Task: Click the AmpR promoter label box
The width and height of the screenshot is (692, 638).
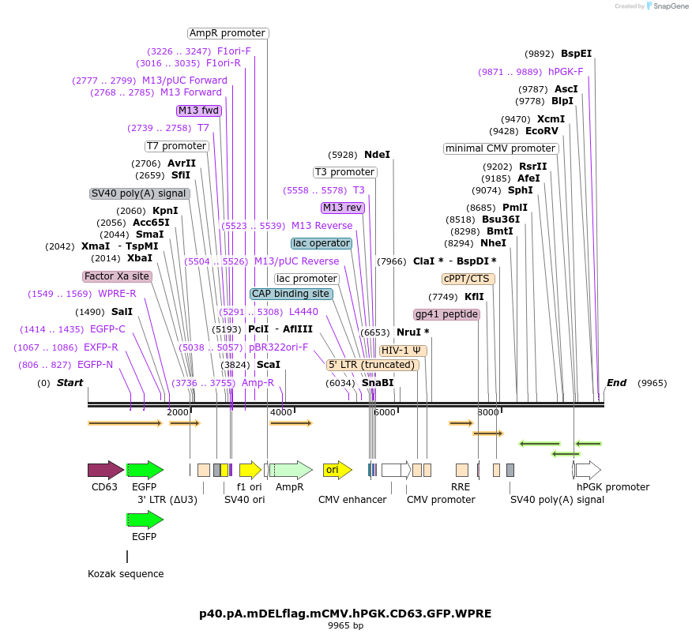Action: (x=228, y=33)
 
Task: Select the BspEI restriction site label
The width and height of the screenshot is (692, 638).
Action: (x=576, y=54)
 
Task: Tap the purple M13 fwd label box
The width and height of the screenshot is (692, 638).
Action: (x=198, y=111)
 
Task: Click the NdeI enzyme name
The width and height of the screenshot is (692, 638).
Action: (x=377, y=155)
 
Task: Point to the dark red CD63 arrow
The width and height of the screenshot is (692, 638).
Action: (x=106, y=470)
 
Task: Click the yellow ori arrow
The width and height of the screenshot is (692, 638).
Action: (x=337, y=470)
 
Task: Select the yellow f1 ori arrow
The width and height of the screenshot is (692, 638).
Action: (x=250, y=470)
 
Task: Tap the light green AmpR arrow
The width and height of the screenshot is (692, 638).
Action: (x=291, y=470)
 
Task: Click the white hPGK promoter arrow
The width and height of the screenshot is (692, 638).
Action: (x=588, y=470)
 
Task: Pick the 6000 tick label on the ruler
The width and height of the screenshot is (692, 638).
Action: (x=385, y=412)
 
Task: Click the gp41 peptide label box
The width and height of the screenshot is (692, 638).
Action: (x=446, y=314)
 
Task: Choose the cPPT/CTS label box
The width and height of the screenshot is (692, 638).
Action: (x=468, y=279)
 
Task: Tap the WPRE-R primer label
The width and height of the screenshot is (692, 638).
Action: (x=117, y=294)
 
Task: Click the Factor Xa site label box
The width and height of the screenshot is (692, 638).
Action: (x=117, y=276)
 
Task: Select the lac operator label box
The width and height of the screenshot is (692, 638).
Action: (x=322, y=243)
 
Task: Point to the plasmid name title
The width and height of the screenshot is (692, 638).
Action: (x=345, y=614)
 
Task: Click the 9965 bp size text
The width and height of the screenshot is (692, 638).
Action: (x=345, y=625)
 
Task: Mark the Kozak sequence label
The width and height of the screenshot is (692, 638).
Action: (x=126, y=573)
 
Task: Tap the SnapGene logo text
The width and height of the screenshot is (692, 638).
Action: (x=671, y=6)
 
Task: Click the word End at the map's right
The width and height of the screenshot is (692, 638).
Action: (x=616, y=382)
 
